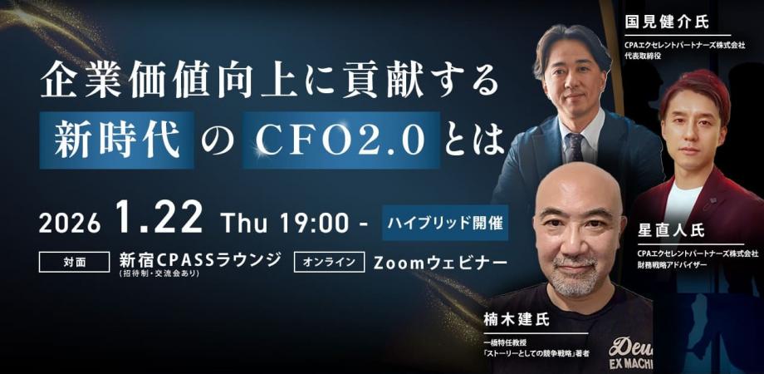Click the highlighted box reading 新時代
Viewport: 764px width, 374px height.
pyautogui.click(x=116, y=140)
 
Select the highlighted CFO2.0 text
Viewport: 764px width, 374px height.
pyautogui.click(x=341, y=140)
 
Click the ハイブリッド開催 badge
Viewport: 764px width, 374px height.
pyautogui.click(x=446, y=222)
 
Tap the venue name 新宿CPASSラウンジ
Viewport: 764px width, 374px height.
pyautogui.click(x=202, y=259)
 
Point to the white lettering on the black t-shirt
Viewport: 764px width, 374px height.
pyautogui.click(x=629, y=352)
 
